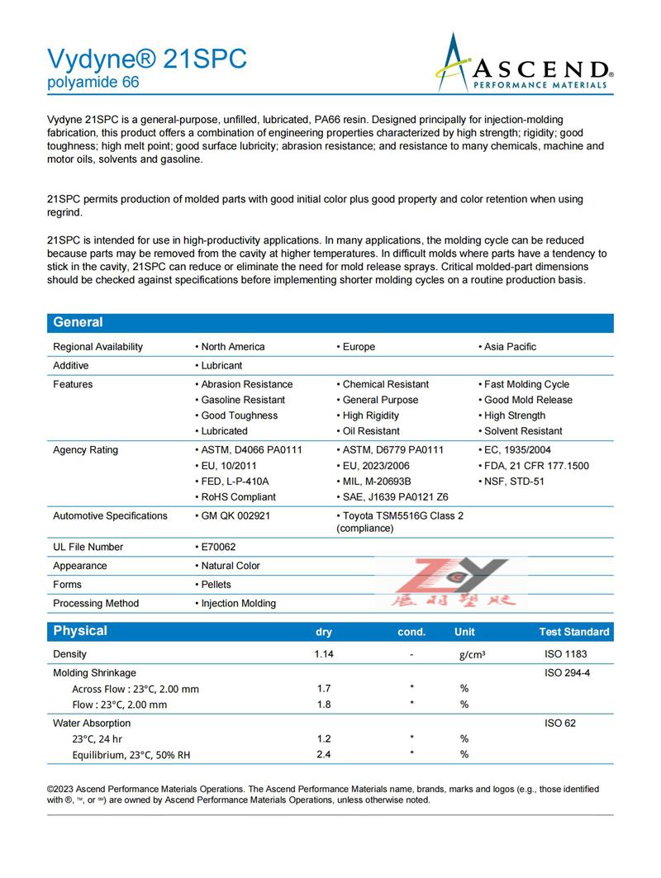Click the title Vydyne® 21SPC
146,59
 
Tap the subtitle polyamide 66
93,83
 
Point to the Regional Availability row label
97,347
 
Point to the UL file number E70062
216,547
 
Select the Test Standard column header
574,632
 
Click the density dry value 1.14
324,654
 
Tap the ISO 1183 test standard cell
566,654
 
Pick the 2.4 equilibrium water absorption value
324,754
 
